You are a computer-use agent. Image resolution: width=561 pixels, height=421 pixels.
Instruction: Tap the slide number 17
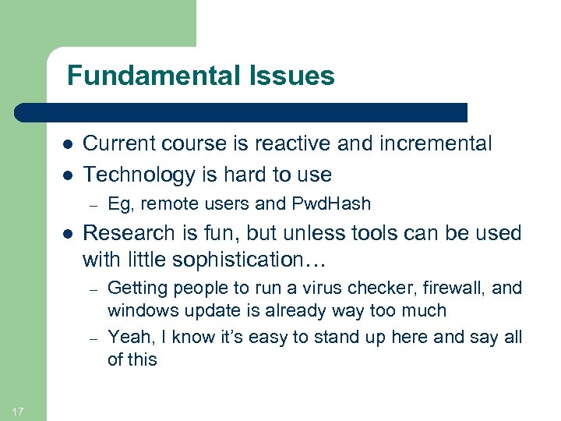point(19,411)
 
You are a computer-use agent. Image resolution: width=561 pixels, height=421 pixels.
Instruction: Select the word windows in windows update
point(141,310)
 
